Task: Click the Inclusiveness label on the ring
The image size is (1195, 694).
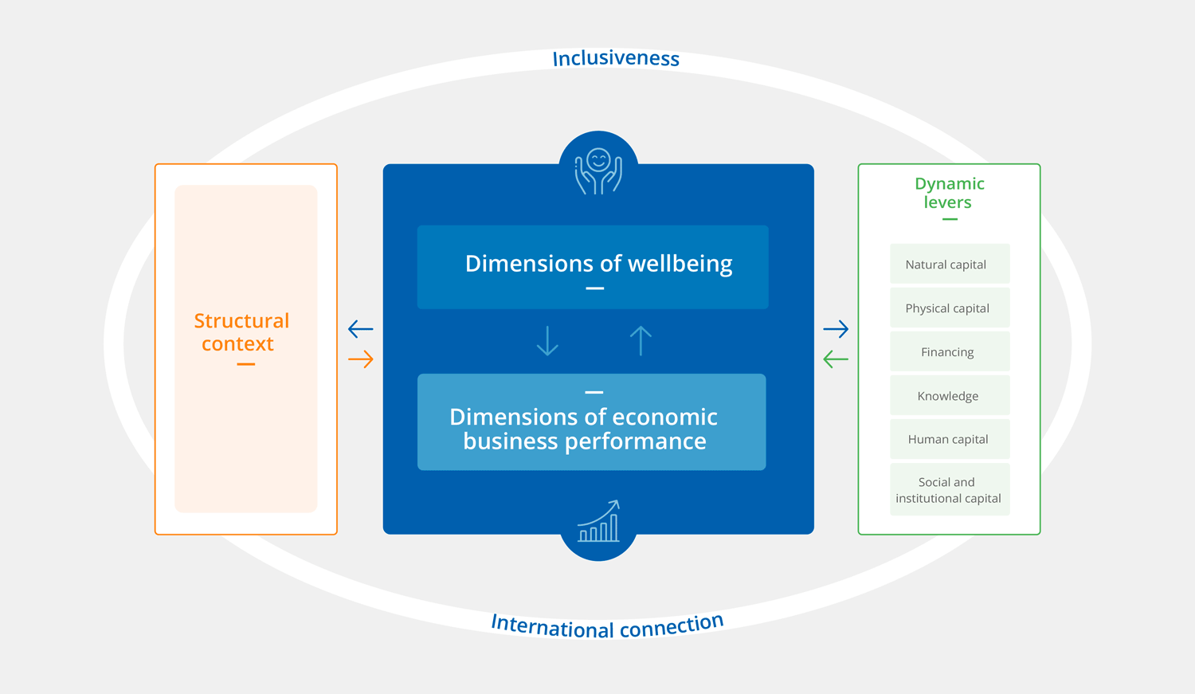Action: click(x=616, y=59)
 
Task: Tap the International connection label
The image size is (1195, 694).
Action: click(x=607, y=625)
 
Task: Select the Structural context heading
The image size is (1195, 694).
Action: click(x=241, y=332)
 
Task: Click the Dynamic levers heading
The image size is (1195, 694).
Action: click(x=949, y=193)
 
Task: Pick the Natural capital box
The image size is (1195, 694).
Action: click(x=949, y=265)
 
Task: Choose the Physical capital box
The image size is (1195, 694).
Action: click(x=949, y=308)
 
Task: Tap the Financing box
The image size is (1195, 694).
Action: click(x=949, y=352)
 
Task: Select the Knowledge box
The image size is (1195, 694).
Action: click(x=949, y=396)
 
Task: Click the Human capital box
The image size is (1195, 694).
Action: click(x=949, y=439)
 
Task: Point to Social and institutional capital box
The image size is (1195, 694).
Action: click(x=949, y=490)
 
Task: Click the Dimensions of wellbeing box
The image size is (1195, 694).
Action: click(x=593, y=267)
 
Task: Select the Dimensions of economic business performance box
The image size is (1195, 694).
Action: click(x=591, y=422)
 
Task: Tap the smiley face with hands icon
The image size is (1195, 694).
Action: click(x=598, y=171)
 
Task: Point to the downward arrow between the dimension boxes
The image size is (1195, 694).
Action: click(x=547, y=340)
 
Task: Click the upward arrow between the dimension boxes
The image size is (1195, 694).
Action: click(x=641, y=340)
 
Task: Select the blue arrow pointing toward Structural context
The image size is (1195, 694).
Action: click(x=361, y=328)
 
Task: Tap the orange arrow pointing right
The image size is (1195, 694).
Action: click(x=361, y=359)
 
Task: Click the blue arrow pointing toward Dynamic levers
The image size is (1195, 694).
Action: click(x=836, y=328)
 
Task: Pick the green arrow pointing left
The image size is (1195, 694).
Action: click(x=836, y=359)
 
